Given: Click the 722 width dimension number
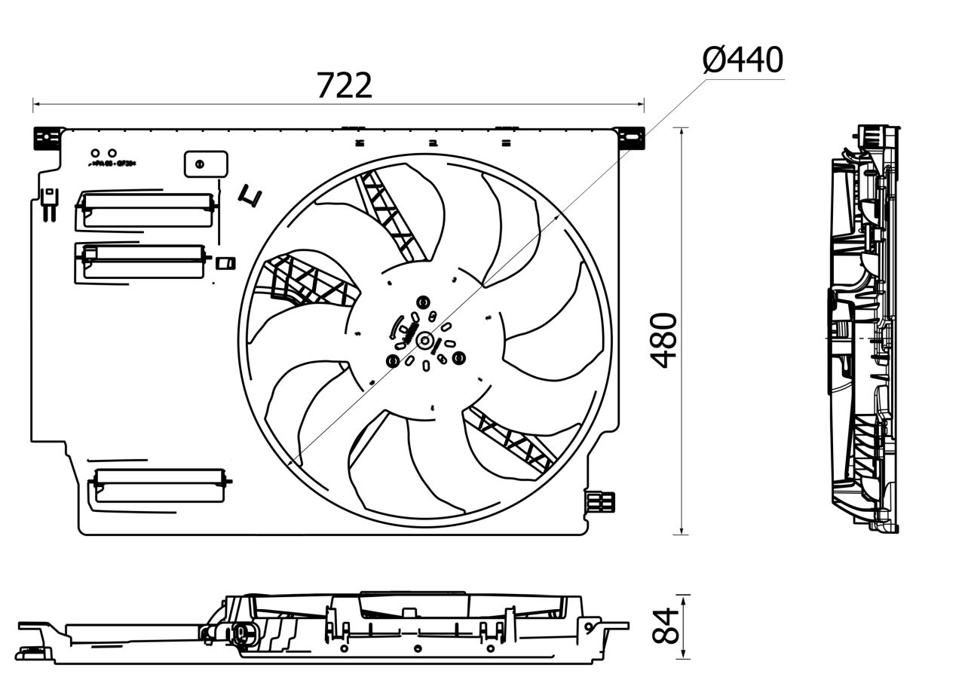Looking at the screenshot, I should point(344,85).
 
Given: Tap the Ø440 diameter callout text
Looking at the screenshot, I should point(743,60).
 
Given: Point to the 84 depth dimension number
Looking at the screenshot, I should point(665,626).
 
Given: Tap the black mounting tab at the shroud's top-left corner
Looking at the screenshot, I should point(47,137).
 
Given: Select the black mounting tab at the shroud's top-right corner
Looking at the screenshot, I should point(631,138).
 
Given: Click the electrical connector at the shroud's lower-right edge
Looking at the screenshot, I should point(601,502).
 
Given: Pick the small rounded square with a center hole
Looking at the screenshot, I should point(205,164).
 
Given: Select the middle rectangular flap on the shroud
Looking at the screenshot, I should point(141,260).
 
